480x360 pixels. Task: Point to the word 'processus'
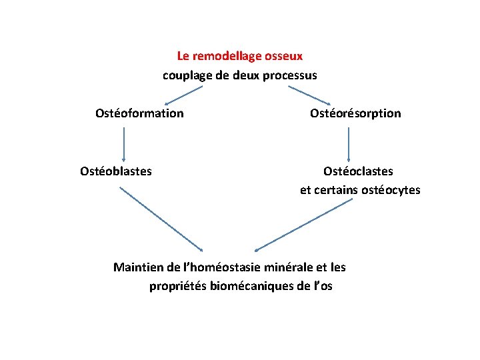click(290, 75)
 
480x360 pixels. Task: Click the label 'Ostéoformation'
click(139, 113)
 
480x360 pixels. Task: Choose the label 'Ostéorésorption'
click(355, 113)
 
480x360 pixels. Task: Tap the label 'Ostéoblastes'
click(116, 171)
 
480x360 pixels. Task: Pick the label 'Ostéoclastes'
click(358, 171)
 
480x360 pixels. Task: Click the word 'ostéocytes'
click(391, 190)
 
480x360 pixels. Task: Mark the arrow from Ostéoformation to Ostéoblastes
click(124, 142)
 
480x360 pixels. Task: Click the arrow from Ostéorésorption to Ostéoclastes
click(348, 142)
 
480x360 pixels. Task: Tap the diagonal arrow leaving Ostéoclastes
click(304, 224)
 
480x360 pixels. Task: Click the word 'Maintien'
click(137, 267)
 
